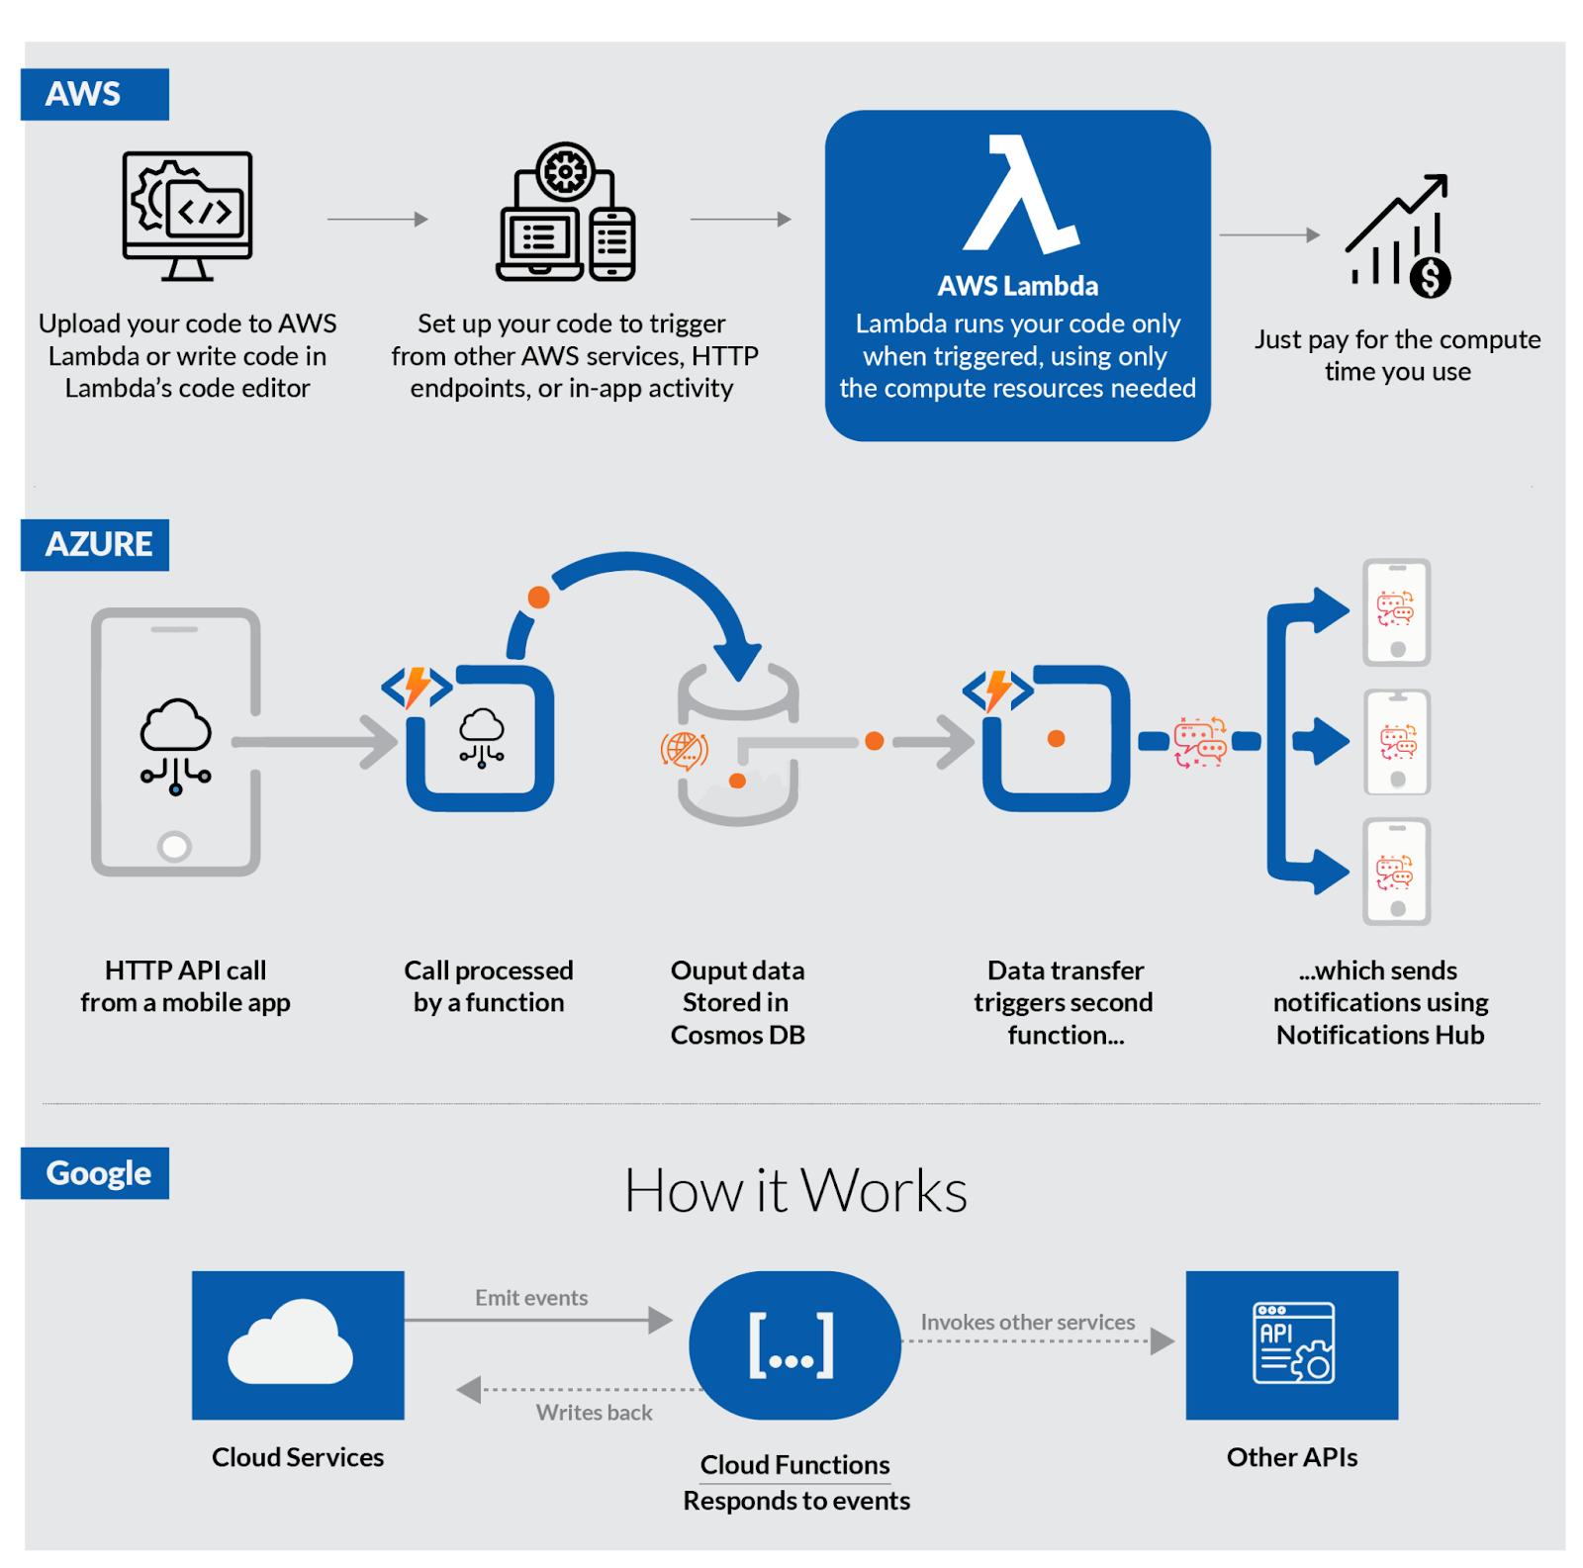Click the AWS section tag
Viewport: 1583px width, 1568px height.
tap(94, 95)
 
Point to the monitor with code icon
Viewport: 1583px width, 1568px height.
tap(187, 215)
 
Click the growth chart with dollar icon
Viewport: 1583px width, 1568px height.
tap(1399, 237)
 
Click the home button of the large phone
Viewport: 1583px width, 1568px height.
tap(175, 847)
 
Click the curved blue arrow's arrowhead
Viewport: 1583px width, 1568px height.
tap(738, 661)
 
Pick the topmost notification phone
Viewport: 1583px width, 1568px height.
tap(1397, 612)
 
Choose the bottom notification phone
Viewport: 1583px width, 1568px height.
tap(1397, 872)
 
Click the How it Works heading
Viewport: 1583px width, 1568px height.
tap(795, 1190)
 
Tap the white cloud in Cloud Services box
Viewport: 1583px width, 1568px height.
tap(291, 1342)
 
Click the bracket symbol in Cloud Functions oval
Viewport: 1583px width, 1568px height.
tap(791, 1345)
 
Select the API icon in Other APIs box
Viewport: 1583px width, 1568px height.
tap(1293, 1342)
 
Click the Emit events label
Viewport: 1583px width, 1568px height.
tap(531, 1298)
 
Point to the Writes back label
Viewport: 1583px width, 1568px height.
tap(595, 1413)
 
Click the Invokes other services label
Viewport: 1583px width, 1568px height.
tap(1028, 1323)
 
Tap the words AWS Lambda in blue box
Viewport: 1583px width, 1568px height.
tap(1018, 287)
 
